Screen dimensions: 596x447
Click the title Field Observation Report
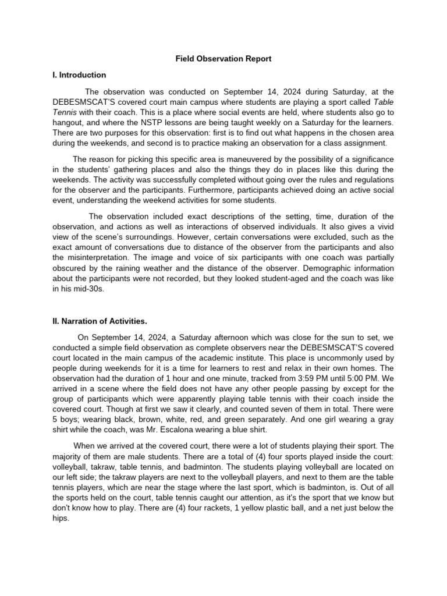pyautogui.click(x=224, y=59)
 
